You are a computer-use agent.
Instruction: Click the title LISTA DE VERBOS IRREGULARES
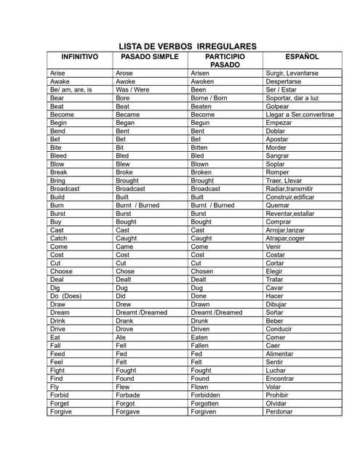click(x=188, y=46)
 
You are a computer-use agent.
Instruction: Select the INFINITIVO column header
click(x=79, y=57)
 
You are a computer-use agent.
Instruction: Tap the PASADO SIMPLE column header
click(x=150, y=57)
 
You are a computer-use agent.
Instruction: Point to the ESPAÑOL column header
click(x=302, y=57)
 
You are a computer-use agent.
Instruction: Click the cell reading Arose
click(x=124, y=73)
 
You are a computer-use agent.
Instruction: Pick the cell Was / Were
click(x=132, y=90)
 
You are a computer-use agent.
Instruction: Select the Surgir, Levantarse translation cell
click(x=292, y=73)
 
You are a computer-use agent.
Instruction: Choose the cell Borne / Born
click(x=209, y=98)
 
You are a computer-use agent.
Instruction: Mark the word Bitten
click(x=200, y=147)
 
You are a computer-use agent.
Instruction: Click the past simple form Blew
click(x=124, y=164)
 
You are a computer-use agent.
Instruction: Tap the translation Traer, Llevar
click(x=284, y=181)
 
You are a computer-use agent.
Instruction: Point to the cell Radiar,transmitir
click(x=289, y=189)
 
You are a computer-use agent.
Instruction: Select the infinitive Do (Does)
click(x=65, y=296)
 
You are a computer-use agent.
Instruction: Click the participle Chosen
click(x=201, y=271)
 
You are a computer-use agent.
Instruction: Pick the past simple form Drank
click(x=124, y=320)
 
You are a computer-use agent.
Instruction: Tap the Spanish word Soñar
click(x=275, y=312)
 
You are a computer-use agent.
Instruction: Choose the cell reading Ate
click(x=121, y=337)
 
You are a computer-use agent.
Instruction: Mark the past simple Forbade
click(x=129, y=395)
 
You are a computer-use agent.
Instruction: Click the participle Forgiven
click(x=203, y=411)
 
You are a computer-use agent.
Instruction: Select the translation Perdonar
click(x=279, y=411)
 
